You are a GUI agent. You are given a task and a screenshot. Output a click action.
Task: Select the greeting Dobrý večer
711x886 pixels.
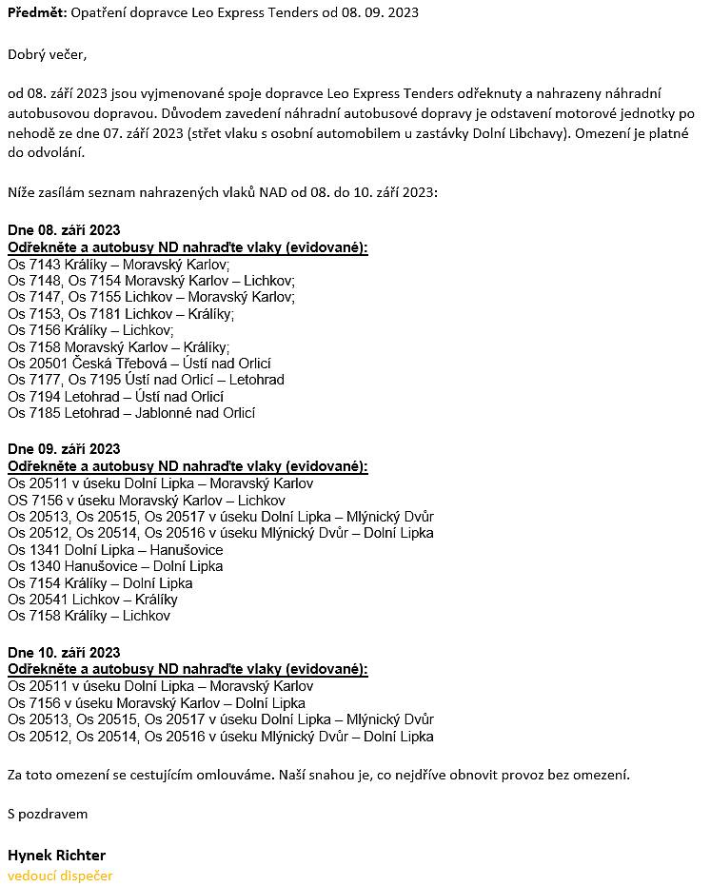pos(47,54)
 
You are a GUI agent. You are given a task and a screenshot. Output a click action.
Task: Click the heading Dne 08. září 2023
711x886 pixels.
pos(64,231)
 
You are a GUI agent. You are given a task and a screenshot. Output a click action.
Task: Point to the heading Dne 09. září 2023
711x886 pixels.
pos(64,449)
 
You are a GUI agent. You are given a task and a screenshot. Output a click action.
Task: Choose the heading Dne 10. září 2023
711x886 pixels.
pos(64,652)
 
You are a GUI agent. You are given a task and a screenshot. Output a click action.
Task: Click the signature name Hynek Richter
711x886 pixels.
pos(56,855)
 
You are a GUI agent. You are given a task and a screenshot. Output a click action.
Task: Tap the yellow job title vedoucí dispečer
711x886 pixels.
pos(60,875)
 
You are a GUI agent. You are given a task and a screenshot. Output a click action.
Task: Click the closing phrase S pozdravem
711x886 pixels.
pos(48,814)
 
